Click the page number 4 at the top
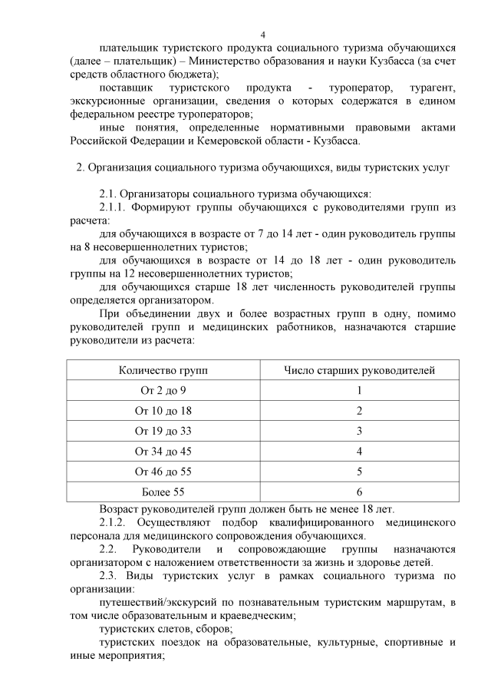point(262,34)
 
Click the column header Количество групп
point(163,370)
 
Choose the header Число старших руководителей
point(359,370)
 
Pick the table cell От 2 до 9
point(163,390)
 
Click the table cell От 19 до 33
point(163,430)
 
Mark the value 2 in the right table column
point(359,410)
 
